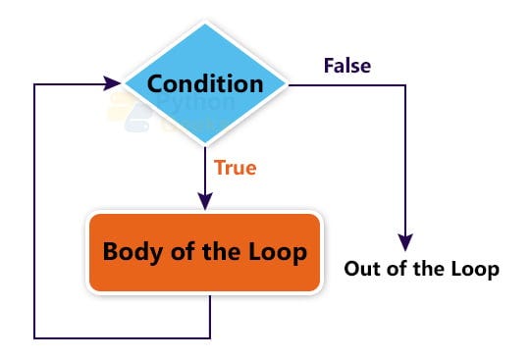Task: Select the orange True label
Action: [236, 168]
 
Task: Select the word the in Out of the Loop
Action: [428, 269]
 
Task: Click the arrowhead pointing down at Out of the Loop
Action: [404, 242]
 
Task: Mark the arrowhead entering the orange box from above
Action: [204, 201]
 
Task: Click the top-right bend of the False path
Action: [404, 84]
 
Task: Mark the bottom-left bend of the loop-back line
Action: [35, 338]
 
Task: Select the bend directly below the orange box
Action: [210, 338]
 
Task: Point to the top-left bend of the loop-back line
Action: [35, 84]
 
